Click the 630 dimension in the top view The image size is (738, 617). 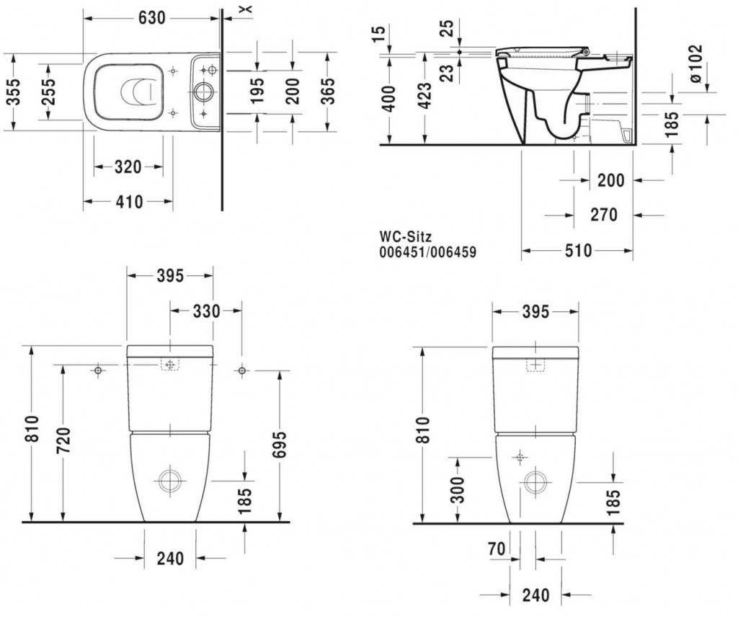[152, 18]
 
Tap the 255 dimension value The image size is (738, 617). [48, 92]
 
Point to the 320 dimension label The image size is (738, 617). [128, 167]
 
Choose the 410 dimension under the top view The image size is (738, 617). [129, 202]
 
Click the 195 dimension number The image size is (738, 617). [257, 92]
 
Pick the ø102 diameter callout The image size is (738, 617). [695, 63]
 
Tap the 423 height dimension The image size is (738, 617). [425, 96]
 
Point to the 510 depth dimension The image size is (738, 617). [578, 250]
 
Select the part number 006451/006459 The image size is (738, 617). [428, 252]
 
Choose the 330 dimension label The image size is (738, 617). [206, 311]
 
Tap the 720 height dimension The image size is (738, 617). [63, 440]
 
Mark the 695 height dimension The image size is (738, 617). [279, 445]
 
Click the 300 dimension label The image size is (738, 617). [457, 489]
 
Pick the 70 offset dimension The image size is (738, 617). [497, 549]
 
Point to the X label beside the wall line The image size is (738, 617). [248, 9]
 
